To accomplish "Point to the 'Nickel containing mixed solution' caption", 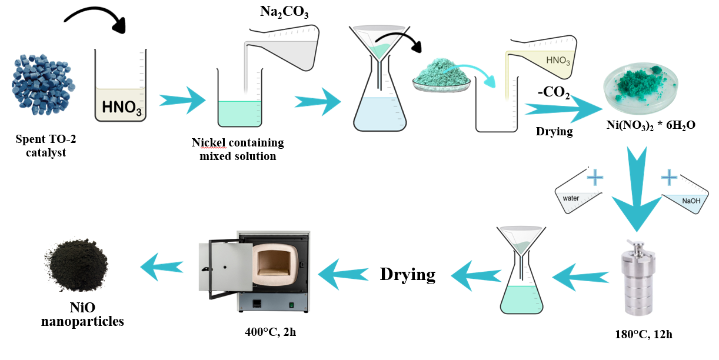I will (x=238, y=149).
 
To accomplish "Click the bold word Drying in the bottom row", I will (x=408, y=274).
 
